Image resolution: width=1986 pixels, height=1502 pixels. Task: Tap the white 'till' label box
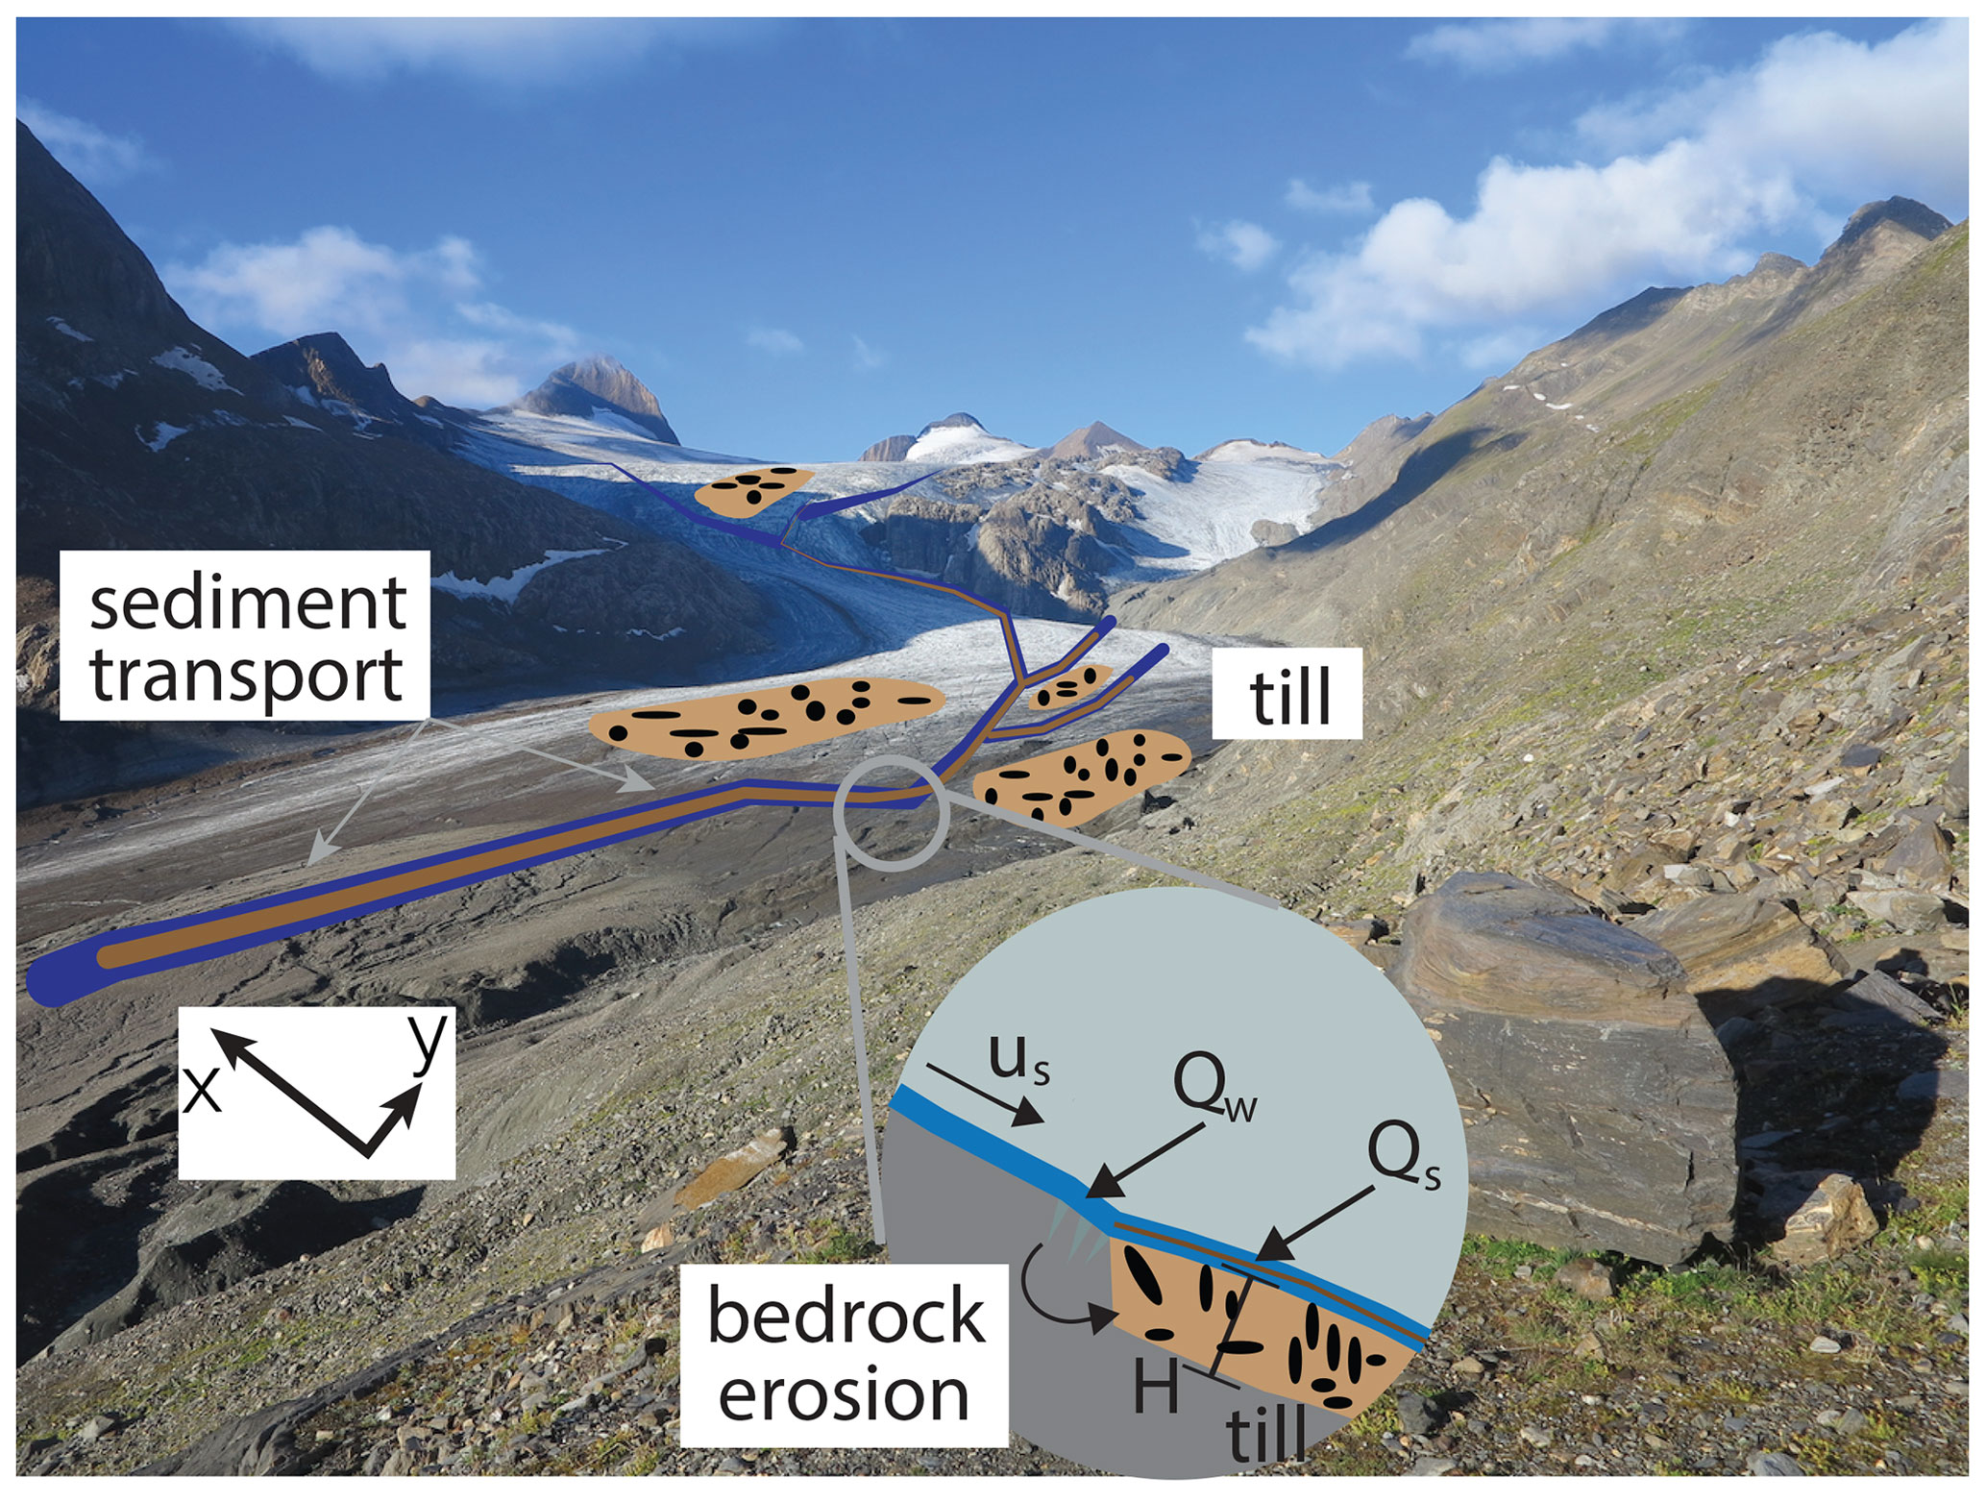[1287, 693]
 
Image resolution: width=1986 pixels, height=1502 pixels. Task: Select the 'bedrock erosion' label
[844, 1354]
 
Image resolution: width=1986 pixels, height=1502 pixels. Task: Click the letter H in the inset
[1156, 1387]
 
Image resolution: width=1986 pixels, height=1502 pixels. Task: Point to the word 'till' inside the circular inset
[1266, 1434]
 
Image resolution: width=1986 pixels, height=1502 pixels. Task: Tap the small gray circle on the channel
[892, 813]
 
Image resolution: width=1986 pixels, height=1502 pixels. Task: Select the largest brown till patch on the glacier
[764, 717]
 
